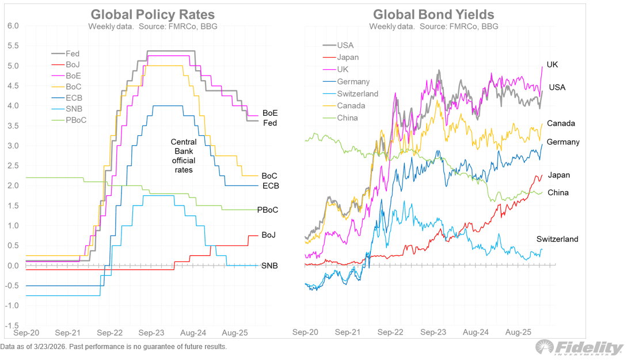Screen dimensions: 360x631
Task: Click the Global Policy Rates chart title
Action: (x=153, y=14)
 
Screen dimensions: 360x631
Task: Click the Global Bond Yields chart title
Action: (x=434, y=14)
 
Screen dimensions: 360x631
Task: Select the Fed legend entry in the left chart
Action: (x=73, y=54)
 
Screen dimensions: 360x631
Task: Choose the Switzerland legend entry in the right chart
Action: (x=358, y=93)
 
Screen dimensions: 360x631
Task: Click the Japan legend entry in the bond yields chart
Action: (x=348, y=57)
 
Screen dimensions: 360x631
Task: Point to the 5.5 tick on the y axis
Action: (x=13, y=46)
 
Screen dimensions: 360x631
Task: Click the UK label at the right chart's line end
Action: (x=552, y=65)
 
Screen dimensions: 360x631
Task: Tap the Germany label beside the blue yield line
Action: (x=562, y=142)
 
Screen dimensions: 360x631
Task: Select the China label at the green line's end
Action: (x=558, y=192)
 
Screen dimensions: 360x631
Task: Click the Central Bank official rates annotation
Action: (x=184, y=156)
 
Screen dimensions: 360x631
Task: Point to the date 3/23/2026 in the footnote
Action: (x=51, y=347)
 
